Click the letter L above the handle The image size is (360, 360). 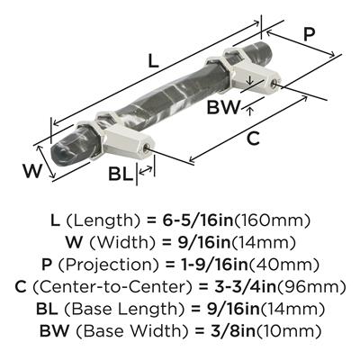(x=153, y=61)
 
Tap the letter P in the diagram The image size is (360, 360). (x=309, y=34)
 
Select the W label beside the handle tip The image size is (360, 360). (x=32, y=172)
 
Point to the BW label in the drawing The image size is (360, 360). (x=224, y=107)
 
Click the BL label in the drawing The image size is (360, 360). (x=121, y=174)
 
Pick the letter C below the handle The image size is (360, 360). (x=253, y=138)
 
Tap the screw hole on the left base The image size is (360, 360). (x=146, y=148)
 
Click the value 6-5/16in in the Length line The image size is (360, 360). (x=198, y=220)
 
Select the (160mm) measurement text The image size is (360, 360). (x=272, y=220)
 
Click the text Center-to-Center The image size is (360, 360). (x=111, y=287)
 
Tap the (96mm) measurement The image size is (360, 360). (x=310, y=287)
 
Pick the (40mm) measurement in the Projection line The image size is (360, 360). (x=284, y=265)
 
